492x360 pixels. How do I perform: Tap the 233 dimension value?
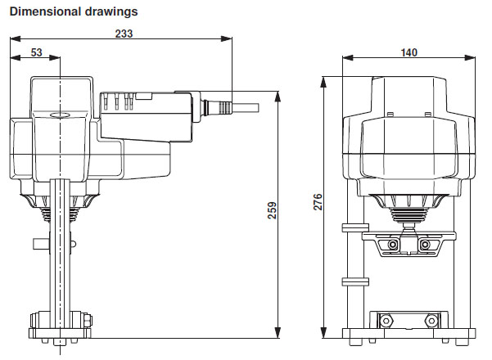pyautogui.click(x=124, y=34)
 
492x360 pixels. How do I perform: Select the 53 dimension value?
pyautogui.click(x=37, y=53)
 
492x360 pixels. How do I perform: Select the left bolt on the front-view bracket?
pyautogui.click(x=394, y=245)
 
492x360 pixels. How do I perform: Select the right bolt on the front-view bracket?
pyautogui.click(x=424, y=245)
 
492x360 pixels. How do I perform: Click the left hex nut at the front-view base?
pyautogui.click(x=386, y=317)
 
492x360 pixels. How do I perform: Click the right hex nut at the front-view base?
pyautogui.click(x=432, y=317)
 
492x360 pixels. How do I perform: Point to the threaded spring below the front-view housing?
pyautogui.click(x=409, y=218)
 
